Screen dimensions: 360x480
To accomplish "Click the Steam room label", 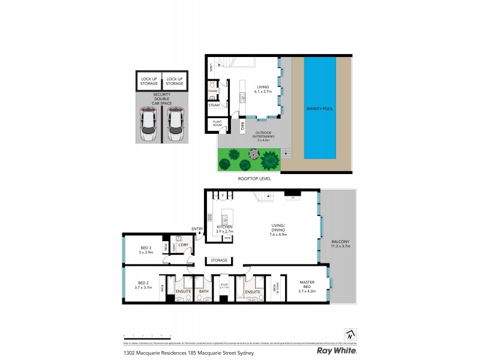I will (214, 105).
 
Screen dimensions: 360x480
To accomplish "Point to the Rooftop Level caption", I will (254, 179).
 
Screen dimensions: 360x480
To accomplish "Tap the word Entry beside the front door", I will (197, 229).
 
